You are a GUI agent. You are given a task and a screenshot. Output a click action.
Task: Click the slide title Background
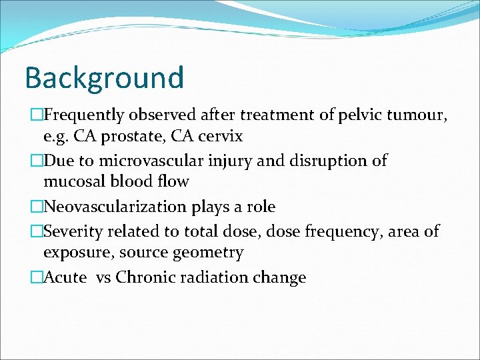tap(104, 77)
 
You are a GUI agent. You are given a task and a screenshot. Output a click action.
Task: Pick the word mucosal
tap(73, 181)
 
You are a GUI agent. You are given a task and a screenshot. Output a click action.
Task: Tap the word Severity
tap(72, 231)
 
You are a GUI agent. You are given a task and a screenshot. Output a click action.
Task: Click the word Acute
tap(65, 277)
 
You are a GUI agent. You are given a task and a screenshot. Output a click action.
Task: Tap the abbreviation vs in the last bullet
tap(103, 278)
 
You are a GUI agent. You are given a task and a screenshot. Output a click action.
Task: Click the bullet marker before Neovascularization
tap(37, 207)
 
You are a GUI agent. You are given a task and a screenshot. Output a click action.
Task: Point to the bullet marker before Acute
tap(37, 277)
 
